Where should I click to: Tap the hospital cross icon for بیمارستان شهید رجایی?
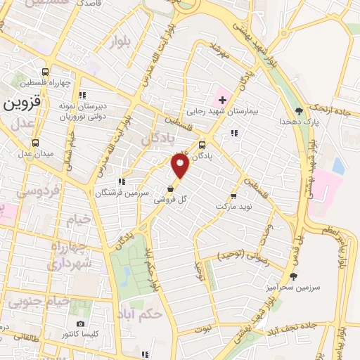tap(222, 101)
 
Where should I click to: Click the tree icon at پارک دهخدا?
tap(300, 110)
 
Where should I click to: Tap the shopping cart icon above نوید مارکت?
tap(233, 191)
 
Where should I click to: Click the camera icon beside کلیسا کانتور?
tap(80, 324)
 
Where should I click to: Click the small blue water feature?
tap(339, 166)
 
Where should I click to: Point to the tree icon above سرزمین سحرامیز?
tap(293, 276)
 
